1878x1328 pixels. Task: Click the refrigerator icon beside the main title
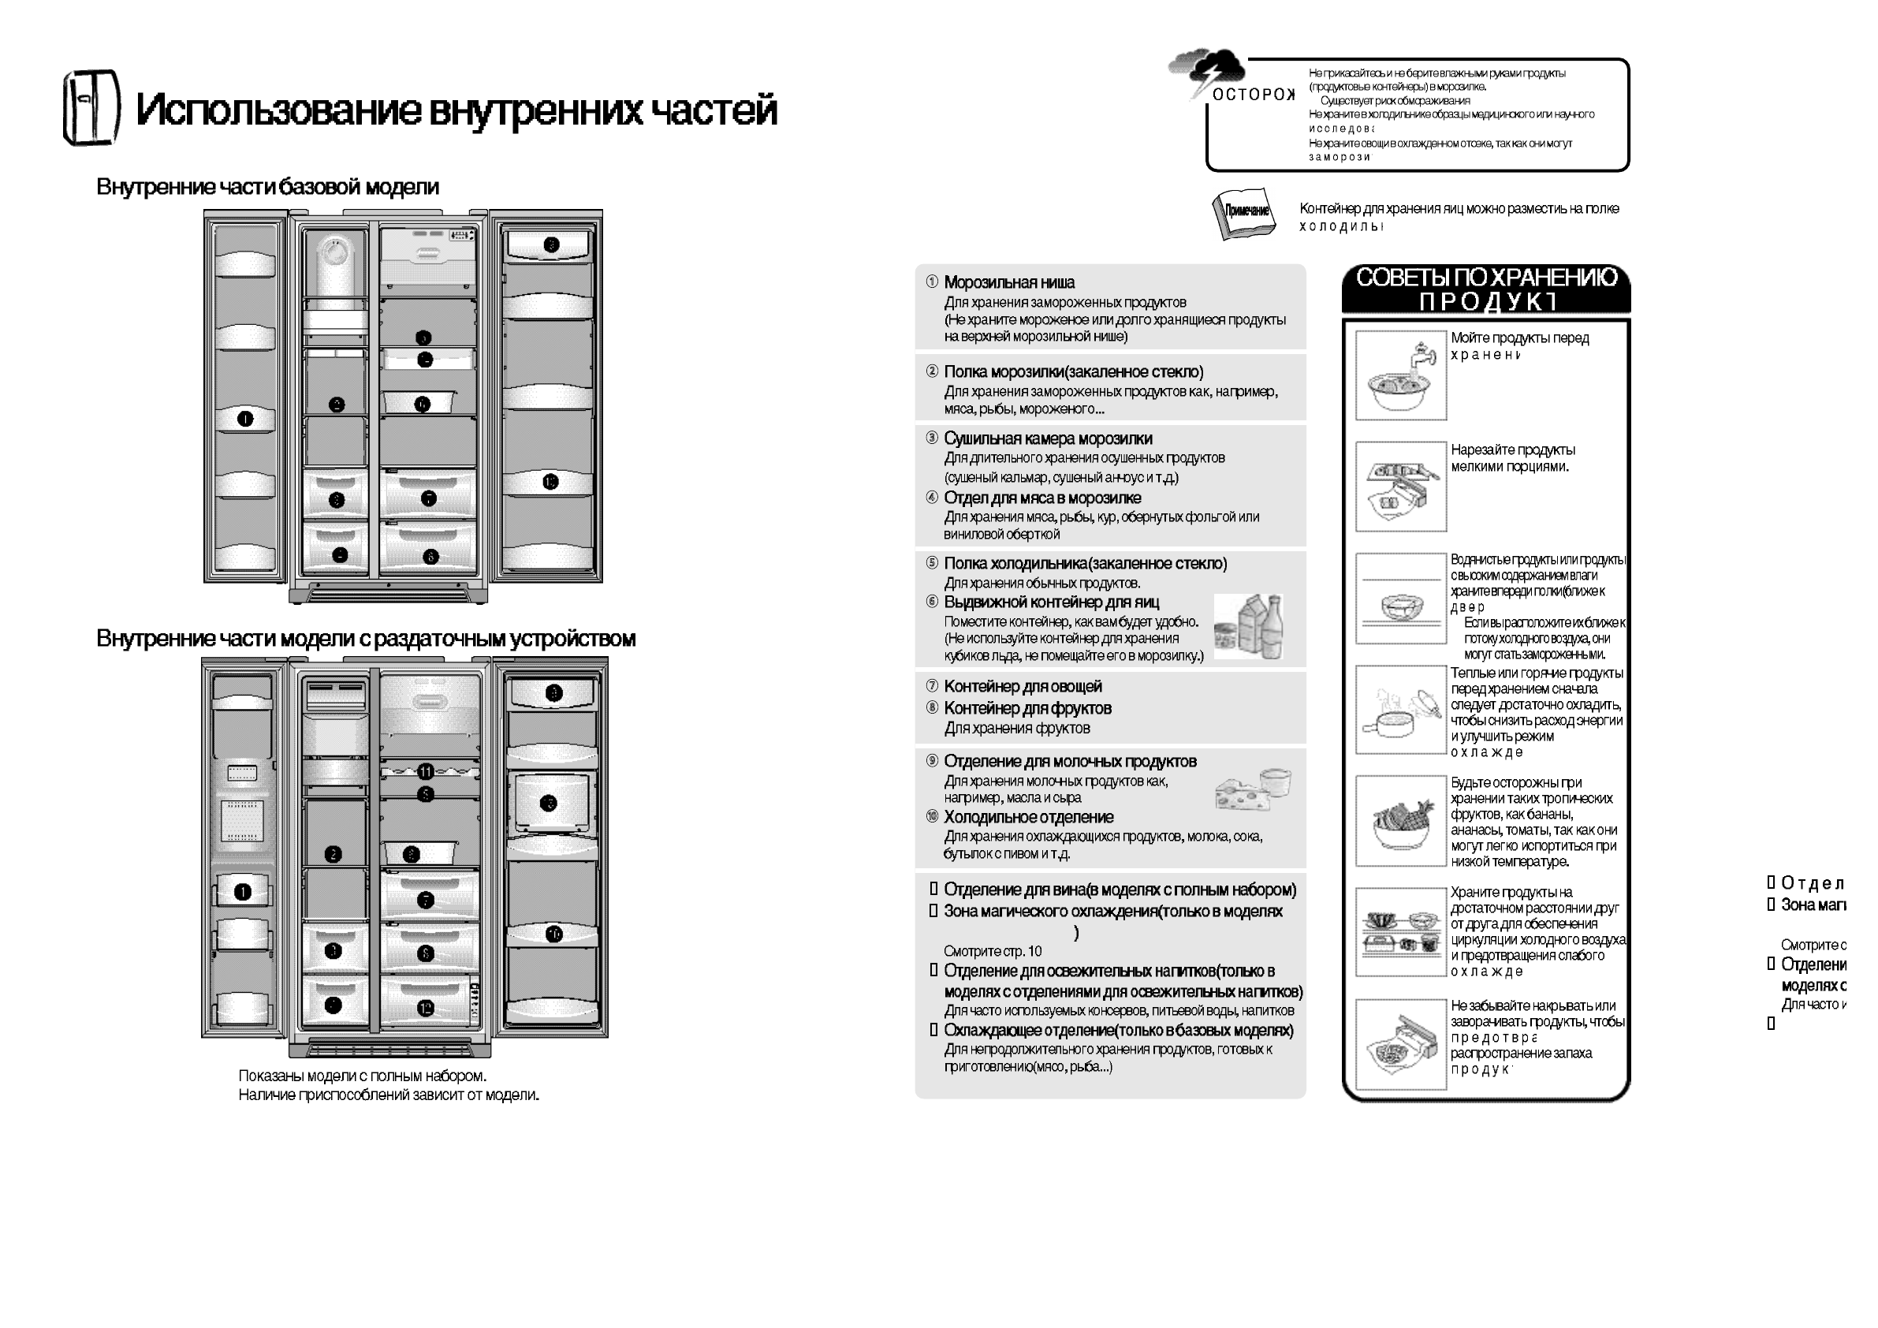[91, 107]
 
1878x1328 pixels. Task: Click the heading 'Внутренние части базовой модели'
[267, 188]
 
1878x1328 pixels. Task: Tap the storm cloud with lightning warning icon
[1206, 70]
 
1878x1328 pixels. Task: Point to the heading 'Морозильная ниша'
[1008, 283]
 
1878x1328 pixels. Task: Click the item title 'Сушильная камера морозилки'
[1047, 439]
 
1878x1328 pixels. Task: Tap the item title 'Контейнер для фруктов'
[1027, 709]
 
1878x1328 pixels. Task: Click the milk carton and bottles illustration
[1248, 628]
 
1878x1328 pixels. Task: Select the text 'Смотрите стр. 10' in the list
[992, 952]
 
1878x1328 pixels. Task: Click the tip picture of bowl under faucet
[1400, 375]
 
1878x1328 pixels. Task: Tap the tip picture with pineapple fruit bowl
[1400, 821]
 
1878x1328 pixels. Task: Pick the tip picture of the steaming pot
[1400, 710]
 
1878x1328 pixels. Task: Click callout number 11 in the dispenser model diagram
[425, 771]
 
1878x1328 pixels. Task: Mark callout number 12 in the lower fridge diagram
[425, 1008]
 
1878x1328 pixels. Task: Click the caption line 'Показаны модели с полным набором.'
[363, 1076]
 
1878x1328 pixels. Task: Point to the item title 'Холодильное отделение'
[1028, 818]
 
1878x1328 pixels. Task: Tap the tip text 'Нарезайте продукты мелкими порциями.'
[1511, 458]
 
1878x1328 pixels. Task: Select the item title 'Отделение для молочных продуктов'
[1070, 762]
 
